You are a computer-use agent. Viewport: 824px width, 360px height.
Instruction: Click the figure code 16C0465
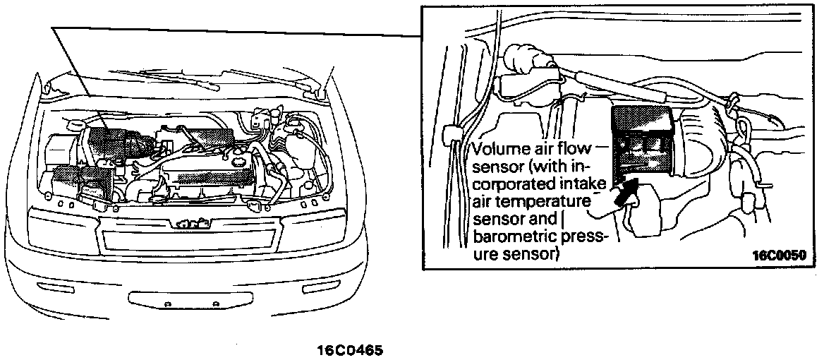(351, 349)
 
